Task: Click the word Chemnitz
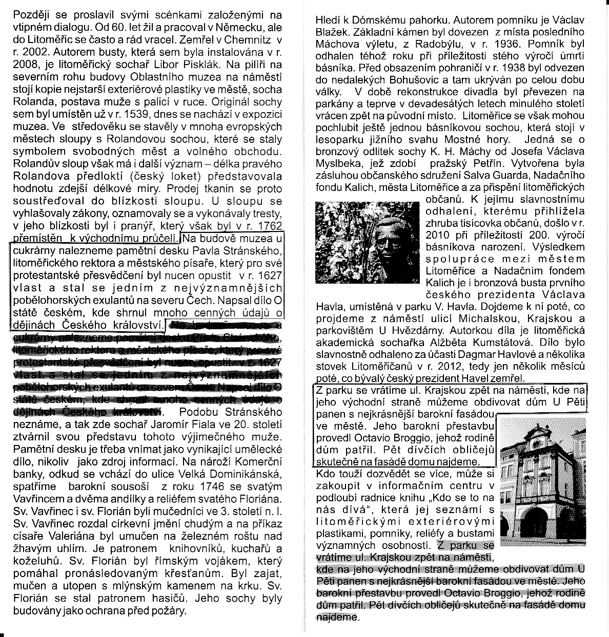(x=248, y=39)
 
